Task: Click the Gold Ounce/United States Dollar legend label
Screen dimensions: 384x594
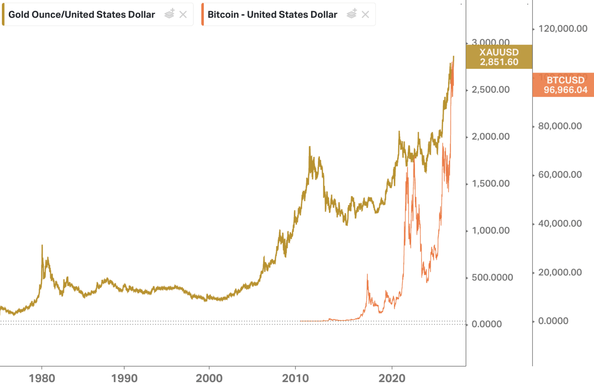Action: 82,15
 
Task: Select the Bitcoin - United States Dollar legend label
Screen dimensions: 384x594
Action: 272,15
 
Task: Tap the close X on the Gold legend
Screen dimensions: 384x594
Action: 183,15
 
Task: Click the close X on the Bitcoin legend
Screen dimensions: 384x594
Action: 365,15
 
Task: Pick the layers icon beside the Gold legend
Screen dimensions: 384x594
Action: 169,14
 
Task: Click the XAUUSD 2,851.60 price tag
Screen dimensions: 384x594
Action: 499,57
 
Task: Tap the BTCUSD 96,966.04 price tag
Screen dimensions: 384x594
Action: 565,85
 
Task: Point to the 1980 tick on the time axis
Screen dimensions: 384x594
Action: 42,378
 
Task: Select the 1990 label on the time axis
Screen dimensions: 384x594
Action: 124,378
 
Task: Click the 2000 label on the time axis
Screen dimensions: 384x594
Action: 209,378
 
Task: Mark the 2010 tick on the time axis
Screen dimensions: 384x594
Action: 295,378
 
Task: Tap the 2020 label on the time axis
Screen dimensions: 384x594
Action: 392,378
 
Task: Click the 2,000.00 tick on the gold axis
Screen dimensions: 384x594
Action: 490,137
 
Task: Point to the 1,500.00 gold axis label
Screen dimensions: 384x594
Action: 490,183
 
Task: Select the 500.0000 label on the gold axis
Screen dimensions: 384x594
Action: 492,278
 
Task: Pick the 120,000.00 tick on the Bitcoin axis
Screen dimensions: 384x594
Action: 563,29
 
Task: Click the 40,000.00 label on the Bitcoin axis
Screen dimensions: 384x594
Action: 560,224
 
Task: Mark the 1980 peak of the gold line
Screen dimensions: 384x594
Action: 42,245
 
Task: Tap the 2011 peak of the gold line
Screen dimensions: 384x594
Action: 309,147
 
